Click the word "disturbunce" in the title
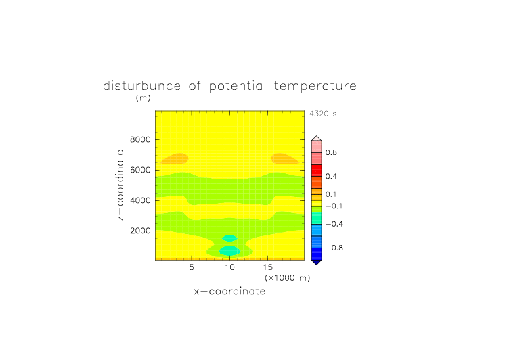[x=141, y=86]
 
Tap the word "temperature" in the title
[x=315, y=86]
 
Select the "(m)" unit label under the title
[x=143, y=97]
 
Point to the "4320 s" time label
[x=323, y=114]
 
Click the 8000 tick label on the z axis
[x=140, y=139]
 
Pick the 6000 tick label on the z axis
[x=140, y=170]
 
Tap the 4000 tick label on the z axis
[x=140, y=200]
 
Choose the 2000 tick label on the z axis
[x=140, y=231]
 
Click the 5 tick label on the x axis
[x=192, y=267]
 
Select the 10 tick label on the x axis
[x=230, y=267]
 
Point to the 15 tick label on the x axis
[x=268, y=267]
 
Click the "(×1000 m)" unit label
[x=288, y=278]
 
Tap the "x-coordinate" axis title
[x=230, y=291]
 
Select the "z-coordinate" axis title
[x=120, y=185]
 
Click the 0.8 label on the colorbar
[x=331, y=152]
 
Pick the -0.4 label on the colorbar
[x=334, y=224]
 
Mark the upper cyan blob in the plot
[x=229, y=238]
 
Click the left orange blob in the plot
[x=175, y=159]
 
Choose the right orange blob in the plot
[x=285, y=159]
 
